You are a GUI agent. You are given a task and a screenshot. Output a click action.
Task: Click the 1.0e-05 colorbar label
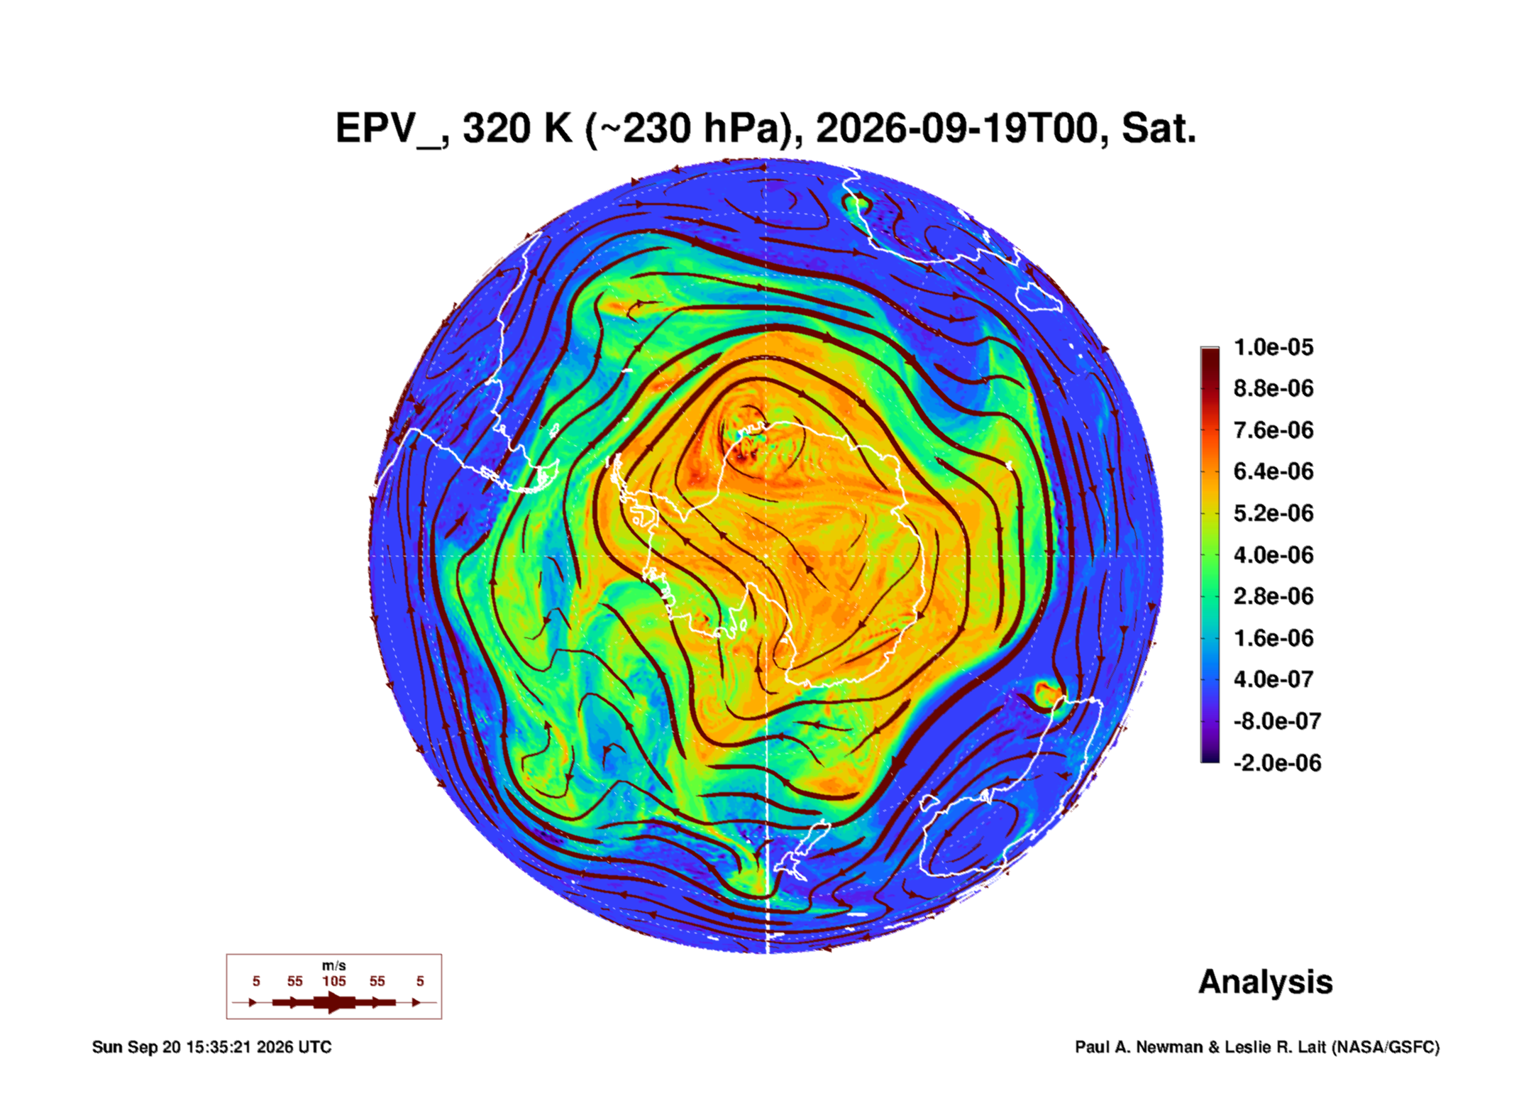(1273, 347)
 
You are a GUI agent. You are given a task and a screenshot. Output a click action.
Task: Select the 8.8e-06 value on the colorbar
(1273, 388)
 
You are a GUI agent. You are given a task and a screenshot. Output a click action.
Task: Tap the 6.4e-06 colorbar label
(1273, 471)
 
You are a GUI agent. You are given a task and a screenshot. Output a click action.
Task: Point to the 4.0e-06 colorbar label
(1273, 554)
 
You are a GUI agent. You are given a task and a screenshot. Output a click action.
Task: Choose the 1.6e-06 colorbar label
(1273, 637)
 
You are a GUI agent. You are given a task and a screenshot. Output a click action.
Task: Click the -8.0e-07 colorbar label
(1277, 721)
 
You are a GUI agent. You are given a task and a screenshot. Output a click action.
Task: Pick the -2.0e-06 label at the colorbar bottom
(1277, 763)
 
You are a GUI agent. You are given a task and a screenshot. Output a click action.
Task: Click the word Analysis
(1266, 982)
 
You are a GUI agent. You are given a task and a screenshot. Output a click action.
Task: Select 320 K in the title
(517, 128)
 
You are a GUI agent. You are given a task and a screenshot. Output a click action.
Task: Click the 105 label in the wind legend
(334, 981)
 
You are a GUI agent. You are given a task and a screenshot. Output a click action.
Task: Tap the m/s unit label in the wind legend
(334, 965)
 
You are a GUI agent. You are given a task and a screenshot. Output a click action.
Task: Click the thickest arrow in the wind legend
(334, 1002)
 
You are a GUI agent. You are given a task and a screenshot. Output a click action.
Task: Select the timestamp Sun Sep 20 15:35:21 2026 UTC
(211, 1047)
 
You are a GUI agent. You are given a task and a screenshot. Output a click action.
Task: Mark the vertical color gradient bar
(1210, 554)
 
